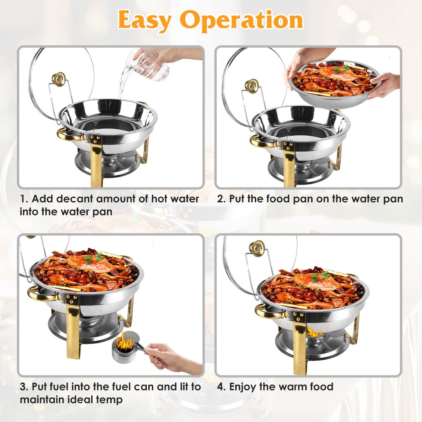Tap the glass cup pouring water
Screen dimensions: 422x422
(x=150, y=66)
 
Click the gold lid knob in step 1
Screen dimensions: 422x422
(x=59, y=79)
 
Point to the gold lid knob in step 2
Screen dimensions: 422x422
(x=251, y=86)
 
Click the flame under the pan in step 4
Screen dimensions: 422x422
(x=314, y=332)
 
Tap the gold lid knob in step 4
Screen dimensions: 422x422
(x=257, y=248)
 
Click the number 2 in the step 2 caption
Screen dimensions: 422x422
(x=220, y=199)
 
